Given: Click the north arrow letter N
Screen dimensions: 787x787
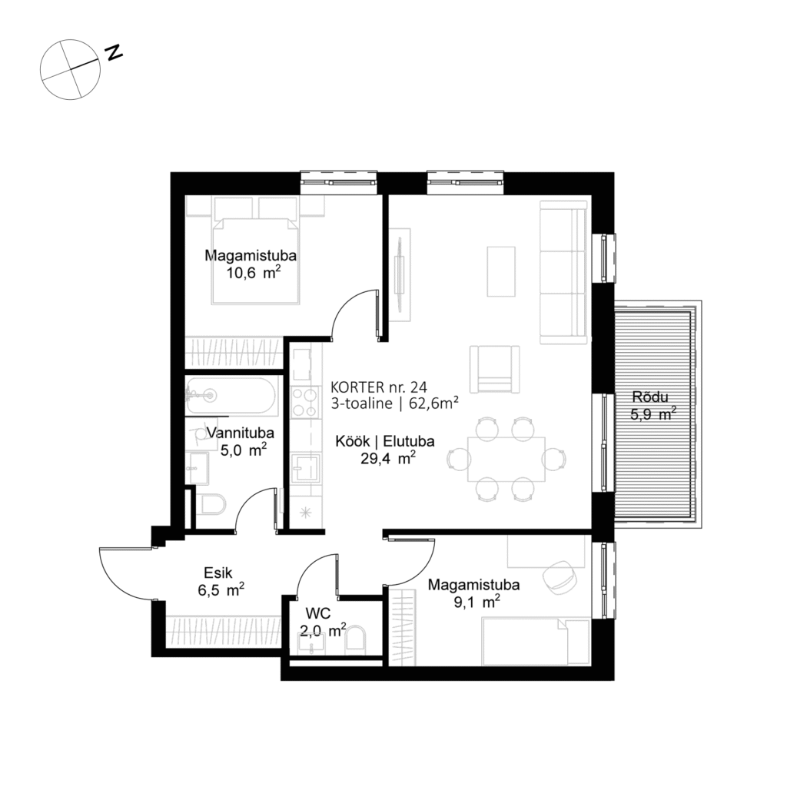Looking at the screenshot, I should (x=115, y=52).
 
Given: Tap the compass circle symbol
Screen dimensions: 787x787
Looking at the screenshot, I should (x=70, y=70).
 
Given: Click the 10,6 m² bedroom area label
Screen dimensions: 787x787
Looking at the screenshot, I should (x=251, y=274).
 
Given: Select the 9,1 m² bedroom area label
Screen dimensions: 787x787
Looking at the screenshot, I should (x=473, y=603).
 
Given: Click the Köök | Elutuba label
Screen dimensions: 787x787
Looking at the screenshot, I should (x=386, y=443).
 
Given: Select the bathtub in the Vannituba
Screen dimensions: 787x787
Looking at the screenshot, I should (x=230, y=396).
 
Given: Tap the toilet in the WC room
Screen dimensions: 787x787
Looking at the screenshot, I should (x=357, y=640).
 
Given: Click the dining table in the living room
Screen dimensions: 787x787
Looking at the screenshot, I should (x=506, y=459).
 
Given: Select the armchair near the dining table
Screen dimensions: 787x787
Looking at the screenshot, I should (x=494, y=368).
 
